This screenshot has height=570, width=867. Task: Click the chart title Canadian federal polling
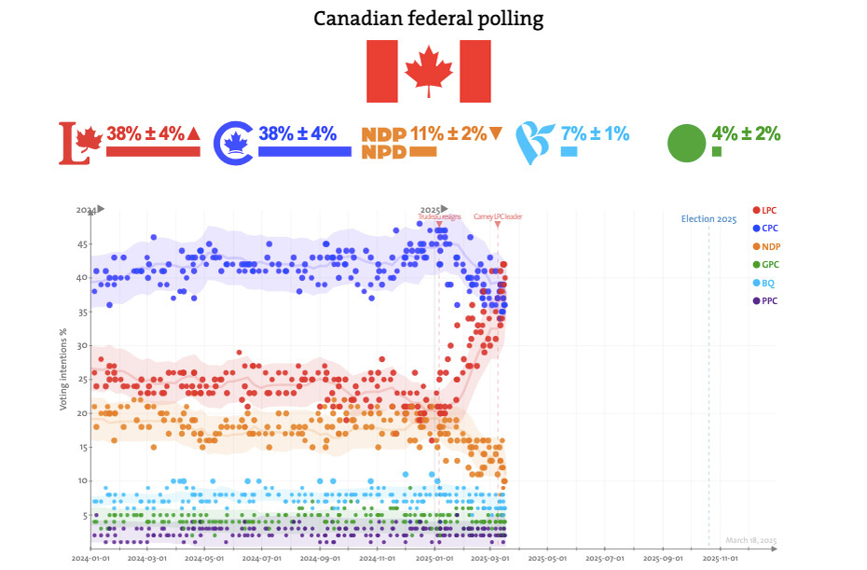[x=428, y=19]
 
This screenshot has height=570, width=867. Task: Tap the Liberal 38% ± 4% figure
[x=145, y=133]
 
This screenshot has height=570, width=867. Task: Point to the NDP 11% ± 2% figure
[x=447, y=133]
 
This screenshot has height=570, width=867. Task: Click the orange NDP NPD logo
[x=382, y=143]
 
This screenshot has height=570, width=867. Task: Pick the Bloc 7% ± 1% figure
[x=595, y=133]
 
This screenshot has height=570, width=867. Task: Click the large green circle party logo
[x=687, y=143]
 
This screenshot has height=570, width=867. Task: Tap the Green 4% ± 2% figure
[x=746, y=132]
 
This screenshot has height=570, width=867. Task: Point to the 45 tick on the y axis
[x=82, y=244]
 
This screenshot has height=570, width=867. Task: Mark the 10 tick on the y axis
[x=82, y=481]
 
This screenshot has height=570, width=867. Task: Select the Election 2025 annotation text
[x=709, y=219]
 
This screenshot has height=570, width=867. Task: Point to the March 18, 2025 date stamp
[x=750, y=541]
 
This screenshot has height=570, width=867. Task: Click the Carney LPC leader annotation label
[x=498, y=216]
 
